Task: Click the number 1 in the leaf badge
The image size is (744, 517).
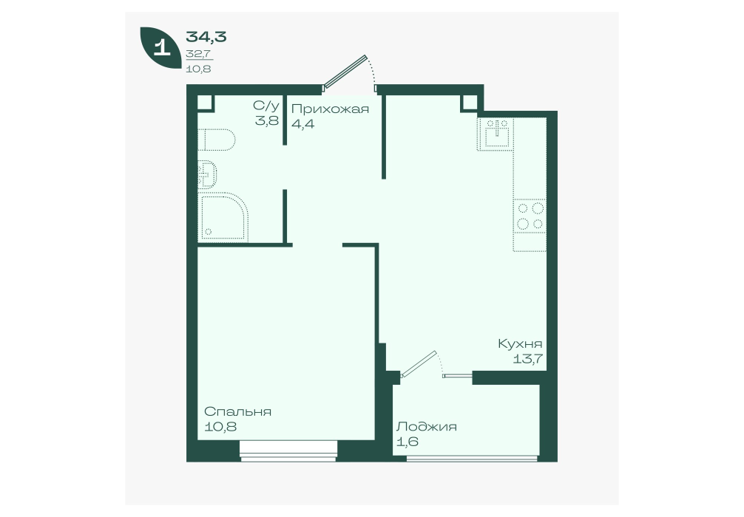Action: pyautogui.click(x=161, y=48)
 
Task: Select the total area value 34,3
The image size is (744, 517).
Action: pyautogui.click(x=206, y=36)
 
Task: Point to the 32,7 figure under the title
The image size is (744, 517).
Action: pyautogui.click(x=199, y=54)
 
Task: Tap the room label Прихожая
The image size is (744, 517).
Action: pyautogui.click(x=330, y=109)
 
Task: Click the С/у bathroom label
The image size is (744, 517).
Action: pyautogui.click(x=266, y=105)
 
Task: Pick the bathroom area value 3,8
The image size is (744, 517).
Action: pyautogui.click(x=267, y=120)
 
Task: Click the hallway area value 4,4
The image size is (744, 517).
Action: pyautogui.click(x=303, y=124)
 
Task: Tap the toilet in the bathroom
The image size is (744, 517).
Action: pyautogui.click(x=216, y=140)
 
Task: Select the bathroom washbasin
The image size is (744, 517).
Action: pyautogui.click(x=207, y=174)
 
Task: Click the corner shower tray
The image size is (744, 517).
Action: pyautogui.click(x=223, y=217)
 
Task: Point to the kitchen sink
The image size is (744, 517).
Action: pyautogui.click(x=495, y=134)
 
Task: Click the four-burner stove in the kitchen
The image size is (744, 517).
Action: pyautogui.click(x=530, y=216)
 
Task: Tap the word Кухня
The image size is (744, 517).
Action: pyautogui.click(x=520, y=344)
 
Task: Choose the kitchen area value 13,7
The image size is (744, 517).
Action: pyautogui.click(x=527, y=359)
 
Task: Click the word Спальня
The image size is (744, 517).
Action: pyautogui.click(x=237, y=411)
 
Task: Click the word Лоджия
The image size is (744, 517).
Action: pyautogui.click(x=427, y=426)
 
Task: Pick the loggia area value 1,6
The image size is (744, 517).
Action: pyautogui.click(x=407, y=442)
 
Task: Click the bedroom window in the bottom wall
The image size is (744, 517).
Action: pyautogui.click(x=288, y=451)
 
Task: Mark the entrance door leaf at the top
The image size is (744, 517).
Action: pyautogui.click(x=345, y=72)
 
